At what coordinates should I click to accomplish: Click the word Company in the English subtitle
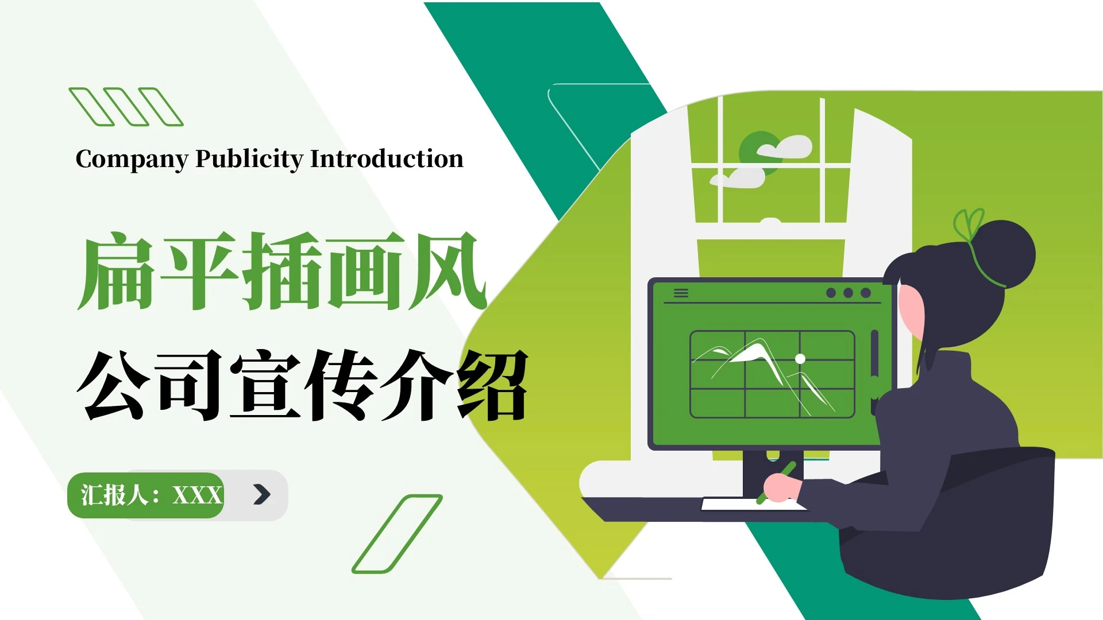pyautogui.click(x=132, y=160)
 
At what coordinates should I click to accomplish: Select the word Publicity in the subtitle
pyautogui.click(x=249, y=160)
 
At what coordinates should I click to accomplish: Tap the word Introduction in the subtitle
pyautogui.click(x=387, y=158)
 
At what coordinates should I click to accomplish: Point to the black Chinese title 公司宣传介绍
pyautogui.click(x=303, y=385)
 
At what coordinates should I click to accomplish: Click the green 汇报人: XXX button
pyautogui.click(x=146, y=495)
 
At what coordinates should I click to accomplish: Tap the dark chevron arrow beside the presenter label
pyautogui.click(x=261, y=494)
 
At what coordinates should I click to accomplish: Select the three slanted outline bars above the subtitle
pyautogui.click(x=126, y=106)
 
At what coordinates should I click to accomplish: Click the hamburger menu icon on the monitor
pyautogui.click(x=681, y=293)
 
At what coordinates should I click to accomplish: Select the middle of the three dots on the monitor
pyautogui.click(x=848, y=293)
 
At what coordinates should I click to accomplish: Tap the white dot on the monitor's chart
pyautogui.click(x=800, y=359)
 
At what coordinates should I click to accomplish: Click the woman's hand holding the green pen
pyautogui.click(x=781, y=487)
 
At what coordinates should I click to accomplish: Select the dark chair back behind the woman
pyautogui.click(x=1000, y=517)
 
